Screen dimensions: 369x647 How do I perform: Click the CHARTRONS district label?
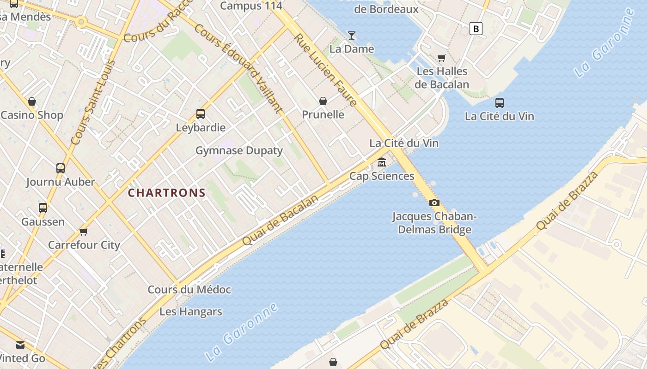166,193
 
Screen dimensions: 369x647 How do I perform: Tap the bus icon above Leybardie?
201,113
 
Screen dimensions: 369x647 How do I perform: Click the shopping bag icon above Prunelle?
323,101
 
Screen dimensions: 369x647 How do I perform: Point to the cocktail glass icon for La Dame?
352,35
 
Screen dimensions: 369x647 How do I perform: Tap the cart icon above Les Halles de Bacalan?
441,58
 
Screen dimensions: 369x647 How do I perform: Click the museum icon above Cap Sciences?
382,162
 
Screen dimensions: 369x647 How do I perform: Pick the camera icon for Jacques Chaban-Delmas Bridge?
434,202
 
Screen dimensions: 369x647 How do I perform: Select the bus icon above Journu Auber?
61,168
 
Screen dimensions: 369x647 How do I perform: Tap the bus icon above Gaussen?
43,208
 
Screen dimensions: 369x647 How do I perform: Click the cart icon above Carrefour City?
84,231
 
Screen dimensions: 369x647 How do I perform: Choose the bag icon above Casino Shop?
32,101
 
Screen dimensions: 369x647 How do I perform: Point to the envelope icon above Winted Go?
20,345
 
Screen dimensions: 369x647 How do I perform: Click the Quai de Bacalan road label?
281,220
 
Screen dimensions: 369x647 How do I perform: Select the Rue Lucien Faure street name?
326,70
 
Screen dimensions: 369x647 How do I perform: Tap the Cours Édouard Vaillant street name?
238,68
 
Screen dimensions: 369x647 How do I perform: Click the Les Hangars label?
191,312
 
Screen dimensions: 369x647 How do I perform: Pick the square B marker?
476,29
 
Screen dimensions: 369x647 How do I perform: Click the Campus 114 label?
251,6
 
